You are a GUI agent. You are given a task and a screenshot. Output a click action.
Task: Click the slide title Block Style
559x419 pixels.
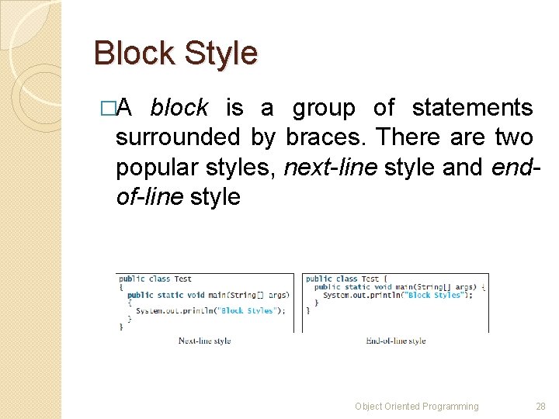pyautogui.click(x=175, y=54)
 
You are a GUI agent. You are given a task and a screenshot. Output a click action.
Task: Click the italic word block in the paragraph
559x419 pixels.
pyautogui.click(x=179, y=108)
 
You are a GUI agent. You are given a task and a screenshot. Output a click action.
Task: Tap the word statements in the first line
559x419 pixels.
pyautogui.click(x=472, y=108)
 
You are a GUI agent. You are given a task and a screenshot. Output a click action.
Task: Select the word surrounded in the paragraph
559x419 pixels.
pyautogui.click(x=178, y=137)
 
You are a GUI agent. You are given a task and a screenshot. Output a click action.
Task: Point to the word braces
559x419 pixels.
pyautogui.click(x=327, y=137)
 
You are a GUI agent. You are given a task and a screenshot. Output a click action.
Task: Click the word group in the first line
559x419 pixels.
pyautogui.click(x=323, y=108)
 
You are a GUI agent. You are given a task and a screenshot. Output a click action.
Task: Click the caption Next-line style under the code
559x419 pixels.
pyautogui.click(x=204, y=341)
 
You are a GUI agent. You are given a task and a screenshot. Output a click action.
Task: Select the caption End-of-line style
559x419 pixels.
pyautogui.click(x=395, y=341)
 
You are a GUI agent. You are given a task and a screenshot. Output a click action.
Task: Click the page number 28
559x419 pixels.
pyautogui.click(x=541, y=406)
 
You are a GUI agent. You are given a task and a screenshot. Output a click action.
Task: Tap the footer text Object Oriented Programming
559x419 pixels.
pyautogui.click(x=416, y=406)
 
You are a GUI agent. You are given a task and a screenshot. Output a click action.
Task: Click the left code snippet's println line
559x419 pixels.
pyautogui.click(x=210, y=310)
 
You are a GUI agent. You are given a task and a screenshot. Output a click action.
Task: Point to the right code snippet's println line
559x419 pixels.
pyautogui.click(x=397, y=295)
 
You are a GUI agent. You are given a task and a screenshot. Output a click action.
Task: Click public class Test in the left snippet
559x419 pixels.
pyautogui.click(x=155, y=279)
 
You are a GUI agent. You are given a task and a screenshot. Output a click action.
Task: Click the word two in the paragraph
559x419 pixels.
pyautogui.click(x=514, y=137)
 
